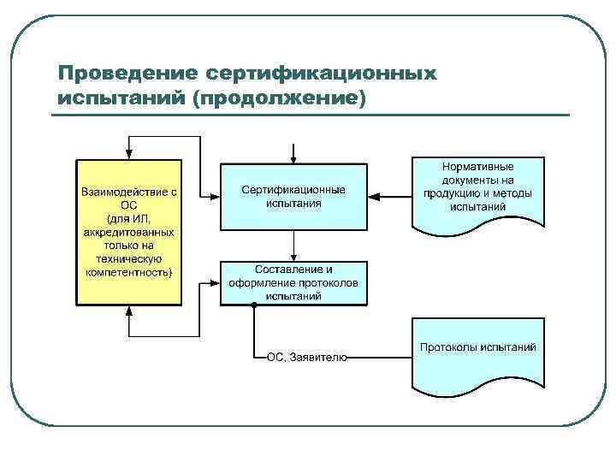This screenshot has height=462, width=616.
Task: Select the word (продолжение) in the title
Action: pos(279,98)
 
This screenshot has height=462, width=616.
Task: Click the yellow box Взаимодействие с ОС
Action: pos(129,233)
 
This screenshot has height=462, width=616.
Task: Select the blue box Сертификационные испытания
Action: pos(293,196)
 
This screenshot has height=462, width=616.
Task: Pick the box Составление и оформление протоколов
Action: pos(293,283)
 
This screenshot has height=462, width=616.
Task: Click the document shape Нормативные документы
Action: pos(477,192)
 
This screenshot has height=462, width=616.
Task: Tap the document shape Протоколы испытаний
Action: pos(477,353)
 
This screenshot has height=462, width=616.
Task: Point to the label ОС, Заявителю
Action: pos(306,358)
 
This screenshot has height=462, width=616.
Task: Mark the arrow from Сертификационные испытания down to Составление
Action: pos(293,246)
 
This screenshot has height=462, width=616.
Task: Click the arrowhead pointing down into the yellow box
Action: pos(129,155)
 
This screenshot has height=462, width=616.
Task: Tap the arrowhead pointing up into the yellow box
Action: pos(129,311)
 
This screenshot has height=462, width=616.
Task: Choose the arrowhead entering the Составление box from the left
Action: pos(215,281)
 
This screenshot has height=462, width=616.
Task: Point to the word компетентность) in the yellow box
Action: pos(129,272)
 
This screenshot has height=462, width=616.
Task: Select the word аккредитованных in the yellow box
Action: pos(129,232)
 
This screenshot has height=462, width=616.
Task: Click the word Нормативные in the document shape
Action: pos(477,167)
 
